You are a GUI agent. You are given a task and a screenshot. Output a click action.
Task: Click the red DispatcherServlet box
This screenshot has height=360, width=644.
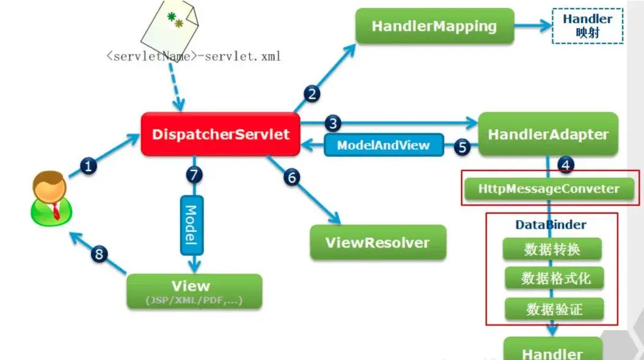pyautogui.click(x=221, y=134)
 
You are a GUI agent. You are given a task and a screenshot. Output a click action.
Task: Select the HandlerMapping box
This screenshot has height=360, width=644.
pyautogui.click(x=434, y=26)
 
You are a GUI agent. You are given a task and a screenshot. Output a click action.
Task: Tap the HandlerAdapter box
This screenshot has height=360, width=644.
pyautogui.click(x=547, y=134)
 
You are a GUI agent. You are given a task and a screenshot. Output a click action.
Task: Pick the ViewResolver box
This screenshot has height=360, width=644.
pyautogui.click(x=378, y=242)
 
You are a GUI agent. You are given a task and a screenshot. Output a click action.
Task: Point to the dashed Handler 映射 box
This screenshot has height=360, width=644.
pyautogui.click(x=587, y=26)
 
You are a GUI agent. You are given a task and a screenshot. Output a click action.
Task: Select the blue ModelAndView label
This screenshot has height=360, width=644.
pyautogui.click(x=383, y=145)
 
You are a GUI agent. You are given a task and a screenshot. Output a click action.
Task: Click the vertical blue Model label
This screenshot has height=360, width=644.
pyautogui.click(x=191, y=225)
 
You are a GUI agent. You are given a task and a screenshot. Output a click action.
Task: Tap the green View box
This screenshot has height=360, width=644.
pyautogui.click(x=194, y=291)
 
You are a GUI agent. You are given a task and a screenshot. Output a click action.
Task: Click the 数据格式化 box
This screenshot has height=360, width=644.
pyautogui.click(x=555, y=279)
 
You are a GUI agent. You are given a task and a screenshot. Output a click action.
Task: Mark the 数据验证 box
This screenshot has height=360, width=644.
pyautogui.click(x=554, y=309)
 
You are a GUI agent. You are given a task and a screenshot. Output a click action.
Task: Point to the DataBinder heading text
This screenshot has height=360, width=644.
pyautogui.click(x=551, y=225)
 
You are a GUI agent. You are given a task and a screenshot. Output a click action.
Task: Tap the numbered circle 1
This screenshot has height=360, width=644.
pyautogui.click(x=89, y=166)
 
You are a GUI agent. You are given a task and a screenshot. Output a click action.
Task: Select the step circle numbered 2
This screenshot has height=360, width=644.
pyautogui.click(x=312, y=94)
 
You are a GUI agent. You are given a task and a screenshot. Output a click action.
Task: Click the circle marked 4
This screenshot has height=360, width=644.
pyautogui.click(x=566, y=164)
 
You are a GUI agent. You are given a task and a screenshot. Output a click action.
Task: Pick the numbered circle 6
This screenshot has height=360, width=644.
pyautogui.click(x=292, y=177)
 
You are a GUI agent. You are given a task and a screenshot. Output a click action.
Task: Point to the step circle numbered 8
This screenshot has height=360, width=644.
pyautogui.click(x=99, y=254)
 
